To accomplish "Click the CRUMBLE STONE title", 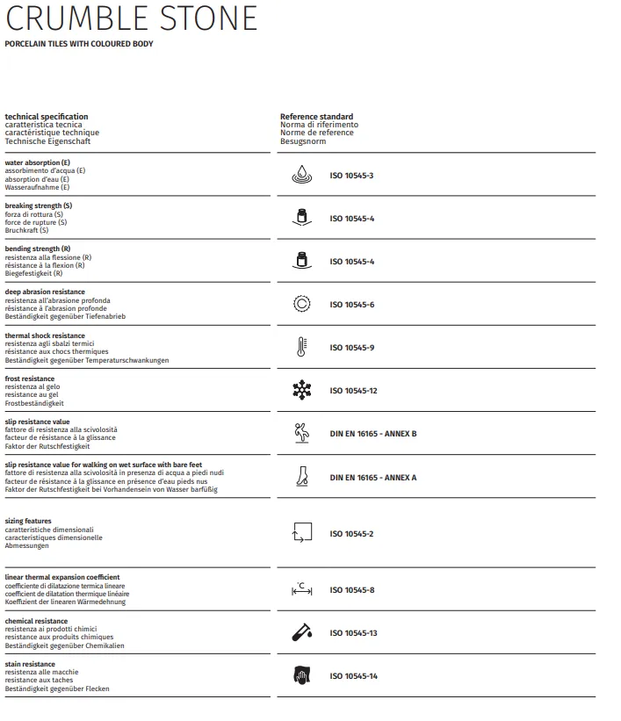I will click(x=132, y=18).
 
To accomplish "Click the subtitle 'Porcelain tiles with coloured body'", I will click(x=79, y=44).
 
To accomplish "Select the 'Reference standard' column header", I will click(x=316, y=117).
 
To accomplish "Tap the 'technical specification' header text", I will click(x=47, y=117).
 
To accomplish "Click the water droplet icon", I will click(x=301, y=176).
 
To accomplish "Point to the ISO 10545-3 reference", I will click(x=351, y=176).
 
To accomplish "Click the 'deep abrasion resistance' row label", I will click(x=45, y=292).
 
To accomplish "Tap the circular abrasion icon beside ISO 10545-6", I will click(x=301, y=304).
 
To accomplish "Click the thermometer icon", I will click(x=301, y=347).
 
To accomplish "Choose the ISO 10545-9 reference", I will click(x=351, y=348).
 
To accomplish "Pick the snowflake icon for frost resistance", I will click(x=301, y=390).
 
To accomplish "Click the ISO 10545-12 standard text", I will click(x=353, y=391).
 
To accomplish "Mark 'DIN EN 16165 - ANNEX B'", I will click(x=372, y=434).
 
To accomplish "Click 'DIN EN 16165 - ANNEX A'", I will click(x=372, y=478).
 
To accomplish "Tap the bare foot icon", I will click(x=301, y=477).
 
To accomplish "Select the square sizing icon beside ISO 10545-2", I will click(x=301, y=532).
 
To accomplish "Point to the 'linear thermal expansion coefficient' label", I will click(x=62, y=578).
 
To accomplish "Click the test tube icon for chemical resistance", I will click(x=301, y=632).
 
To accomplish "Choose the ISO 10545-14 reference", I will click(x=353, y=676).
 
